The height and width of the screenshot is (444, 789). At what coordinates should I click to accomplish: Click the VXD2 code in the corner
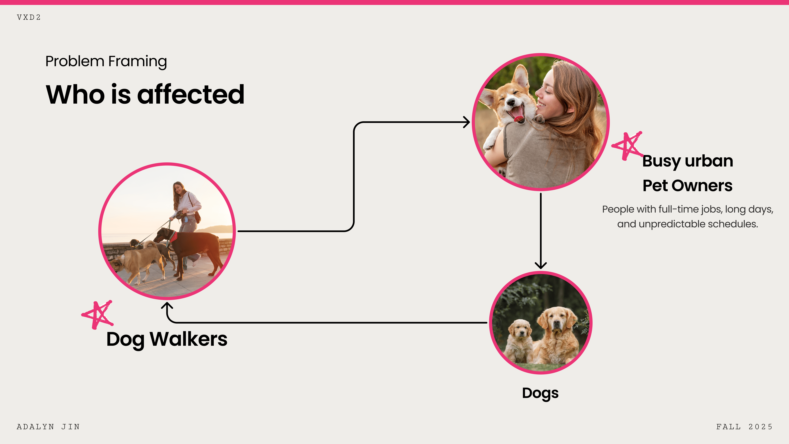[29, 17]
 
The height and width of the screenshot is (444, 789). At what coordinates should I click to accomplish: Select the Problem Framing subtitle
[106, 61]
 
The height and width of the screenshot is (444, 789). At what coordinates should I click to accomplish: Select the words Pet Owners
[687, 186]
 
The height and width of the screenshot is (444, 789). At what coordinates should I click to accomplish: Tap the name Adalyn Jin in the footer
[48, 427]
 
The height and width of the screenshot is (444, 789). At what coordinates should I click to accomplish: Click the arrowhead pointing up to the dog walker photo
[167, 305]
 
